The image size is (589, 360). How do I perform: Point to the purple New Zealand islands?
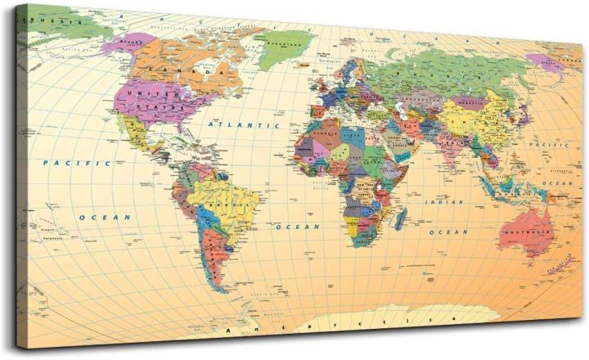click(x=560, y=263)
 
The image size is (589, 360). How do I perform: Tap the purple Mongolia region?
click(x=471, y=101)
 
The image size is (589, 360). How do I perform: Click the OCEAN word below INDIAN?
click(x=449, y=232)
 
